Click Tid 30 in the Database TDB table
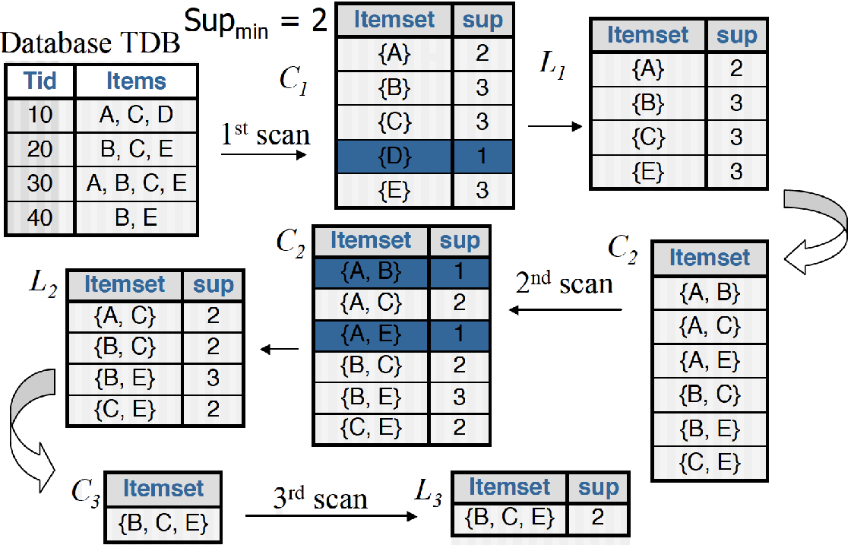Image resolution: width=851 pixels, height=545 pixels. coord(40,183)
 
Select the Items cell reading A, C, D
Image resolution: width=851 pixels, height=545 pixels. coord(136,115)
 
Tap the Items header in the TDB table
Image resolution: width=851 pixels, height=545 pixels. coord(136,81)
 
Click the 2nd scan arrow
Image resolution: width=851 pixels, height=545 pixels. coord(565,309)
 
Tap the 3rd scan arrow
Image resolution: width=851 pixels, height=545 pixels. coord(331,516)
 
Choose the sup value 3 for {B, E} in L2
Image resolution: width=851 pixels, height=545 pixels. coord(214,378)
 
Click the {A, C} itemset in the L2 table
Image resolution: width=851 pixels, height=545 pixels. coord(125,316)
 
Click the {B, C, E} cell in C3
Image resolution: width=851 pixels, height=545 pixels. coord(163,522)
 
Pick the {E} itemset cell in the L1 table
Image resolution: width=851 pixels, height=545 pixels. coord(648,172)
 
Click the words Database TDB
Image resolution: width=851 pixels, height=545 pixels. coord(91,44)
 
